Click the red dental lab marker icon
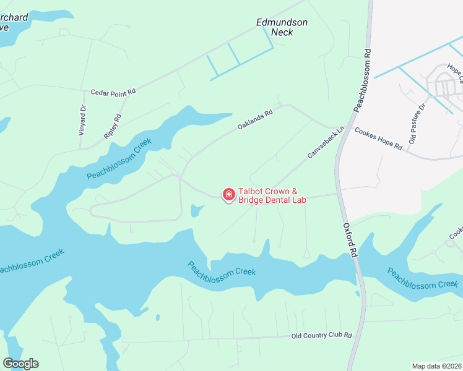[228, 195]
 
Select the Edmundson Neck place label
[282, 27]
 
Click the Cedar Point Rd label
[113, 93]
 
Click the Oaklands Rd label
[255, 120]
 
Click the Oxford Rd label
[350, 240]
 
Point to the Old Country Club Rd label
[321, 335]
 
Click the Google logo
[20, 364]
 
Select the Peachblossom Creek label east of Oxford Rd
[422, 278]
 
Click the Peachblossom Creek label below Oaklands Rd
[119, 159]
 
